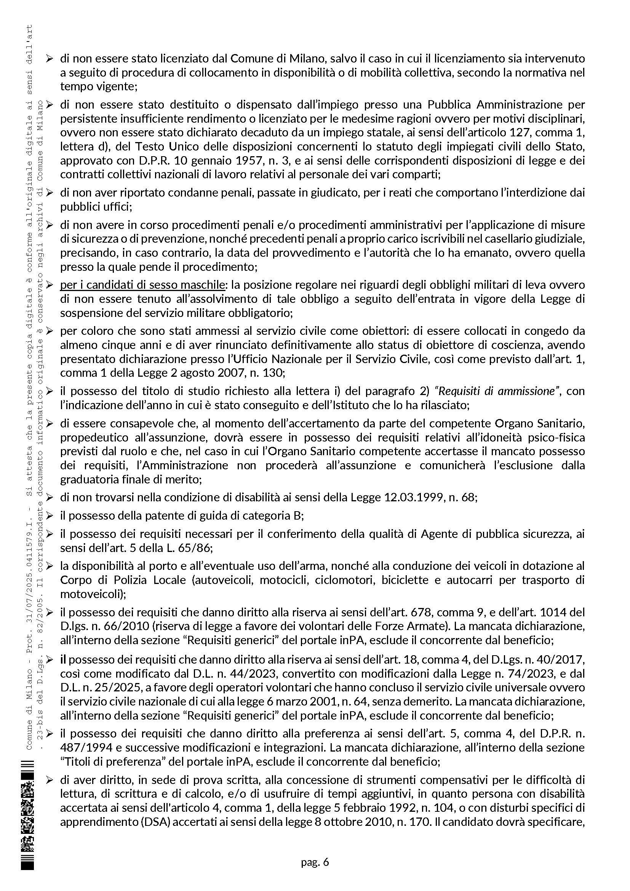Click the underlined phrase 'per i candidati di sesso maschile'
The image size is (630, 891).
point(142,285)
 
